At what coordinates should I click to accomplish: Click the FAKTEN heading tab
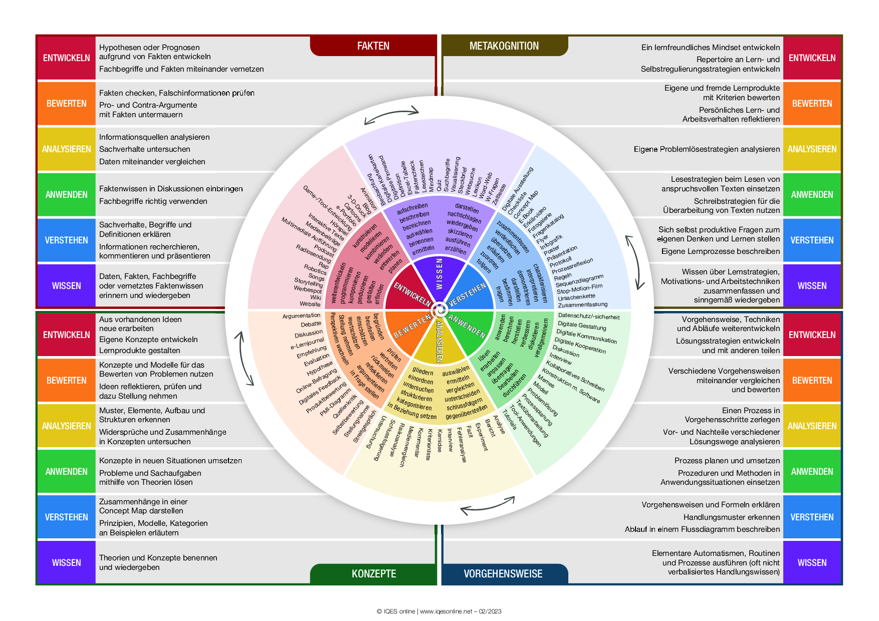[373, 46]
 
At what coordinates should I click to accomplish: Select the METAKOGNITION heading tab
[504, 46]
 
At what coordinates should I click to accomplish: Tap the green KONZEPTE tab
[373, 574]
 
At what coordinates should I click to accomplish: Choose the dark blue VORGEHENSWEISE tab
[503, 574]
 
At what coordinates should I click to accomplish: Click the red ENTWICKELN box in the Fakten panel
[67, 58]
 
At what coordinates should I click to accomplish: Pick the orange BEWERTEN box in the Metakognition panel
[812, 104]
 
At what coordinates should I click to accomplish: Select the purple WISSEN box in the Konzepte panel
[67, 563]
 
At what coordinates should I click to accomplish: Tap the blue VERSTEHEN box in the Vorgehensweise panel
[812, 517]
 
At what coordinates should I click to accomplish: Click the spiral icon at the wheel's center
[439, 310]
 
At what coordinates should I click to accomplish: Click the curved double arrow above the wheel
[391, 115]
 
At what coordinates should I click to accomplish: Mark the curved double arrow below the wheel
[487, 505]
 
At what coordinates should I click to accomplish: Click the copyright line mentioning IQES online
[439, 611]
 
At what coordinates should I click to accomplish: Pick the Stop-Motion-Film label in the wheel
[579, 288]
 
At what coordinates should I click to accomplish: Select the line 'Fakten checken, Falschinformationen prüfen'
[176, 93]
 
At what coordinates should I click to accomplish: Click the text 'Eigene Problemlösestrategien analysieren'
[707, 149]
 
